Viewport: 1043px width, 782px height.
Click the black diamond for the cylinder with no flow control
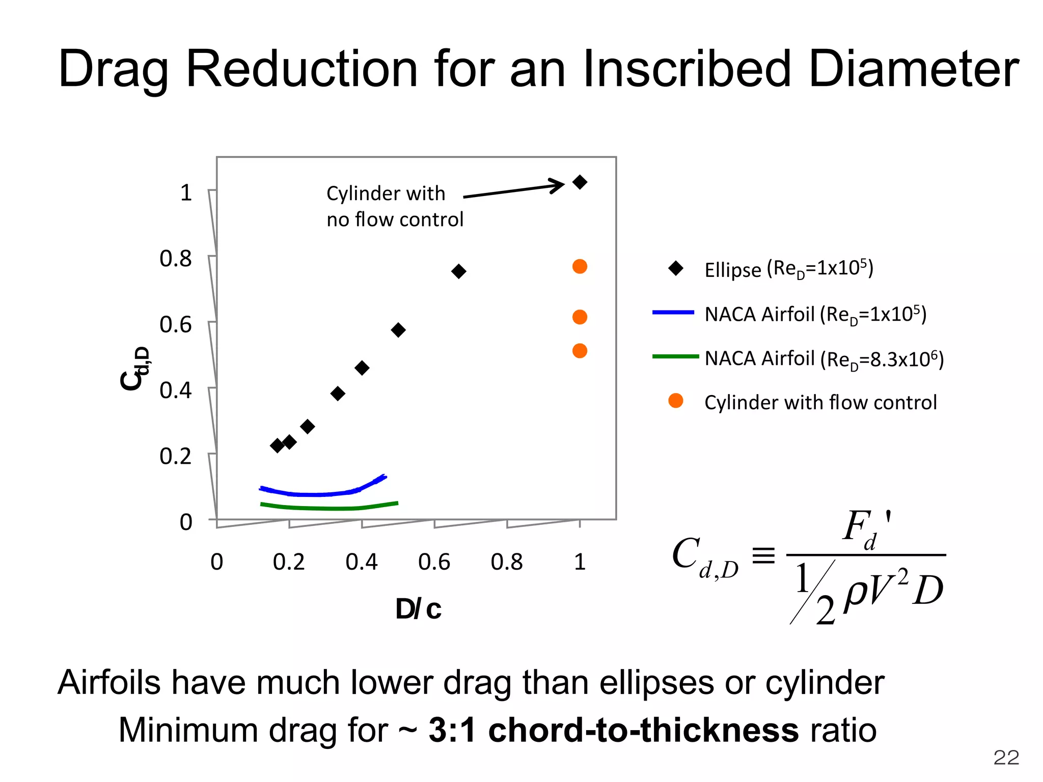(x=580, y=182)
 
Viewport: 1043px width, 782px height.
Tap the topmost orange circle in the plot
(x=580, y=266)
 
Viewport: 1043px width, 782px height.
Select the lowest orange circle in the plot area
(x=580, y=351)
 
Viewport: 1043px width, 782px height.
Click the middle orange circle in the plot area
(x=580, y=317)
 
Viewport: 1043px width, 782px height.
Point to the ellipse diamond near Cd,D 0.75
(x=458, y=271)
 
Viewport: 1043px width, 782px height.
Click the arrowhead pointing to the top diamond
(x=558, y=185)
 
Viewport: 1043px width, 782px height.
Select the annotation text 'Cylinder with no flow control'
(x=394, y=206)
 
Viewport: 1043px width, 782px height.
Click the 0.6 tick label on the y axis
(x=175, y=325)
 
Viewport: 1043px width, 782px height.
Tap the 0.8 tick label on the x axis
(x=506, y=562)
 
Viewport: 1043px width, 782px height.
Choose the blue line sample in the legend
(x=673, y=313)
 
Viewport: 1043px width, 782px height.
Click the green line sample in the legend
(x=675, y=357)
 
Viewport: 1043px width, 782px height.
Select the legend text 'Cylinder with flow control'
(x=820, y=402)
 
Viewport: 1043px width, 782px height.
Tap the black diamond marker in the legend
(x=676, y=268)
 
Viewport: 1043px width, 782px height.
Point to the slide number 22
(x=1006, y=758)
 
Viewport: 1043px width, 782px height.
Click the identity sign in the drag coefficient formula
(x=763, y=555)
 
